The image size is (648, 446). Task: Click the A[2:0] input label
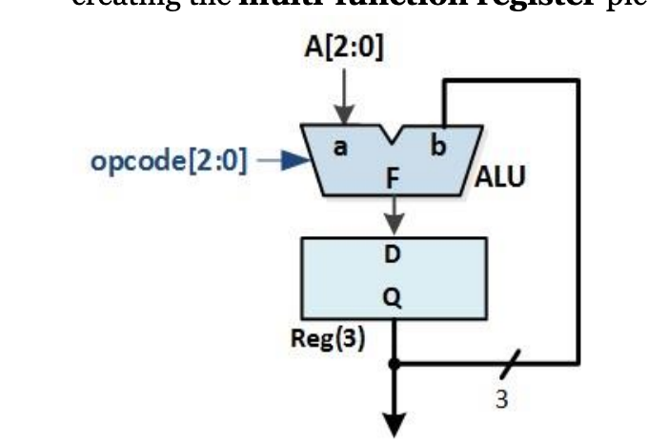(345, 48)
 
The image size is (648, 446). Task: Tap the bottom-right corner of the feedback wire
(577, 363)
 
